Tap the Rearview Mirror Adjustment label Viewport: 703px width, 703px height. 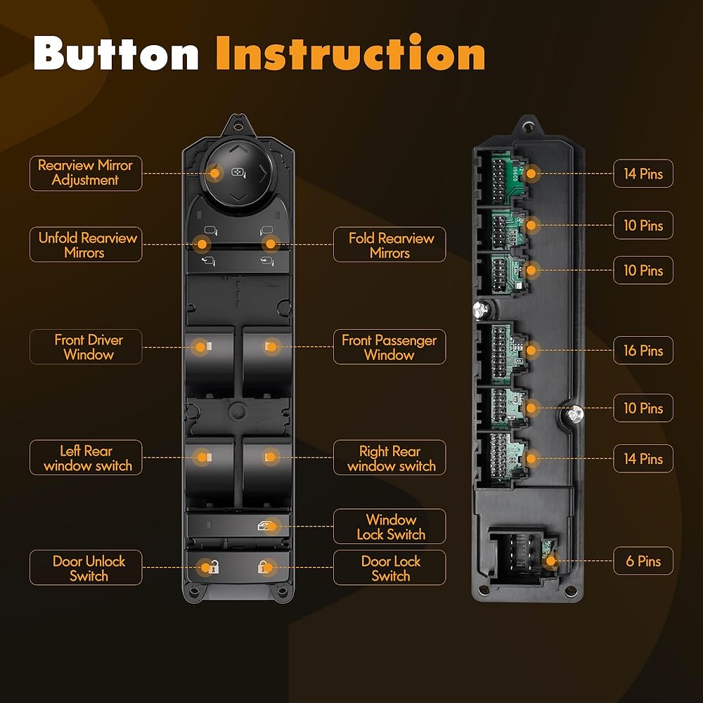pyautogui.click(x=86, y=173)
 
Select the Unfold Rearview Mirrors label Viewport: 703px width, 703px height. pyautogui.click(x=86, y=245)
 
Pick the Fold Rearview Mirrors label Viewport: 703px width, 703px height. pyautogui.click(x=389, y=245)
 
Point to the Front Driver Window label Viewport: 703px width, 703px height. pyautogui.click(x=86, y=347)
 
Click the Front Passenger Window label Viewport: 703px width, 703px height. pyautogui.click(x=389, y=347)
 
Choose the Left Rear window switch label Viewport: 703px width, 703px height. pyautogui.click(x=86, y=458)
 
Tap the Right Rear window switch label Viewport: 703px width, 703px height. pyautogui.click(x=389, y=458)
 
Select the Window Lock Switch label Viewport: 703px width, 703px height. pyautogui.click(x=389, y=527)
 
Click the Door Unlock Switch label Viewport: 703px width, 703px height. pyautogui.click(x=86, y=567)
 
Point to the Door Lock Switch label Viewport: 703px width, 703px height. pyautogui.click(x=389, y=567)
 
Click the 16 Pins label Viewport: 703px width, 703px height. pyautogui.click(x=643, y=350)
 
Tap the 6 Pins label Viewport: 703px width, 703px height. pyautogui.click(x=643, y=561)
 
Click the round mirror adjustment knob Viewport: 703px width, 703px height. pyautogui.click(x=239, y=173)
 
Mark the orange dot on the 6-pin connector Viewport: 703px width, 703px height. pyautogui.click(x=550, y=561)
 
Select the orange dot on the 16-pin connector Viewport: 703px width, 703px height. pyautogui.click(x=531, y=350)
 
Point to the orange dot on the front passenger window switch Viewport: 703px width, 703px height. pyautogui.click(x=271, y=347)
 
